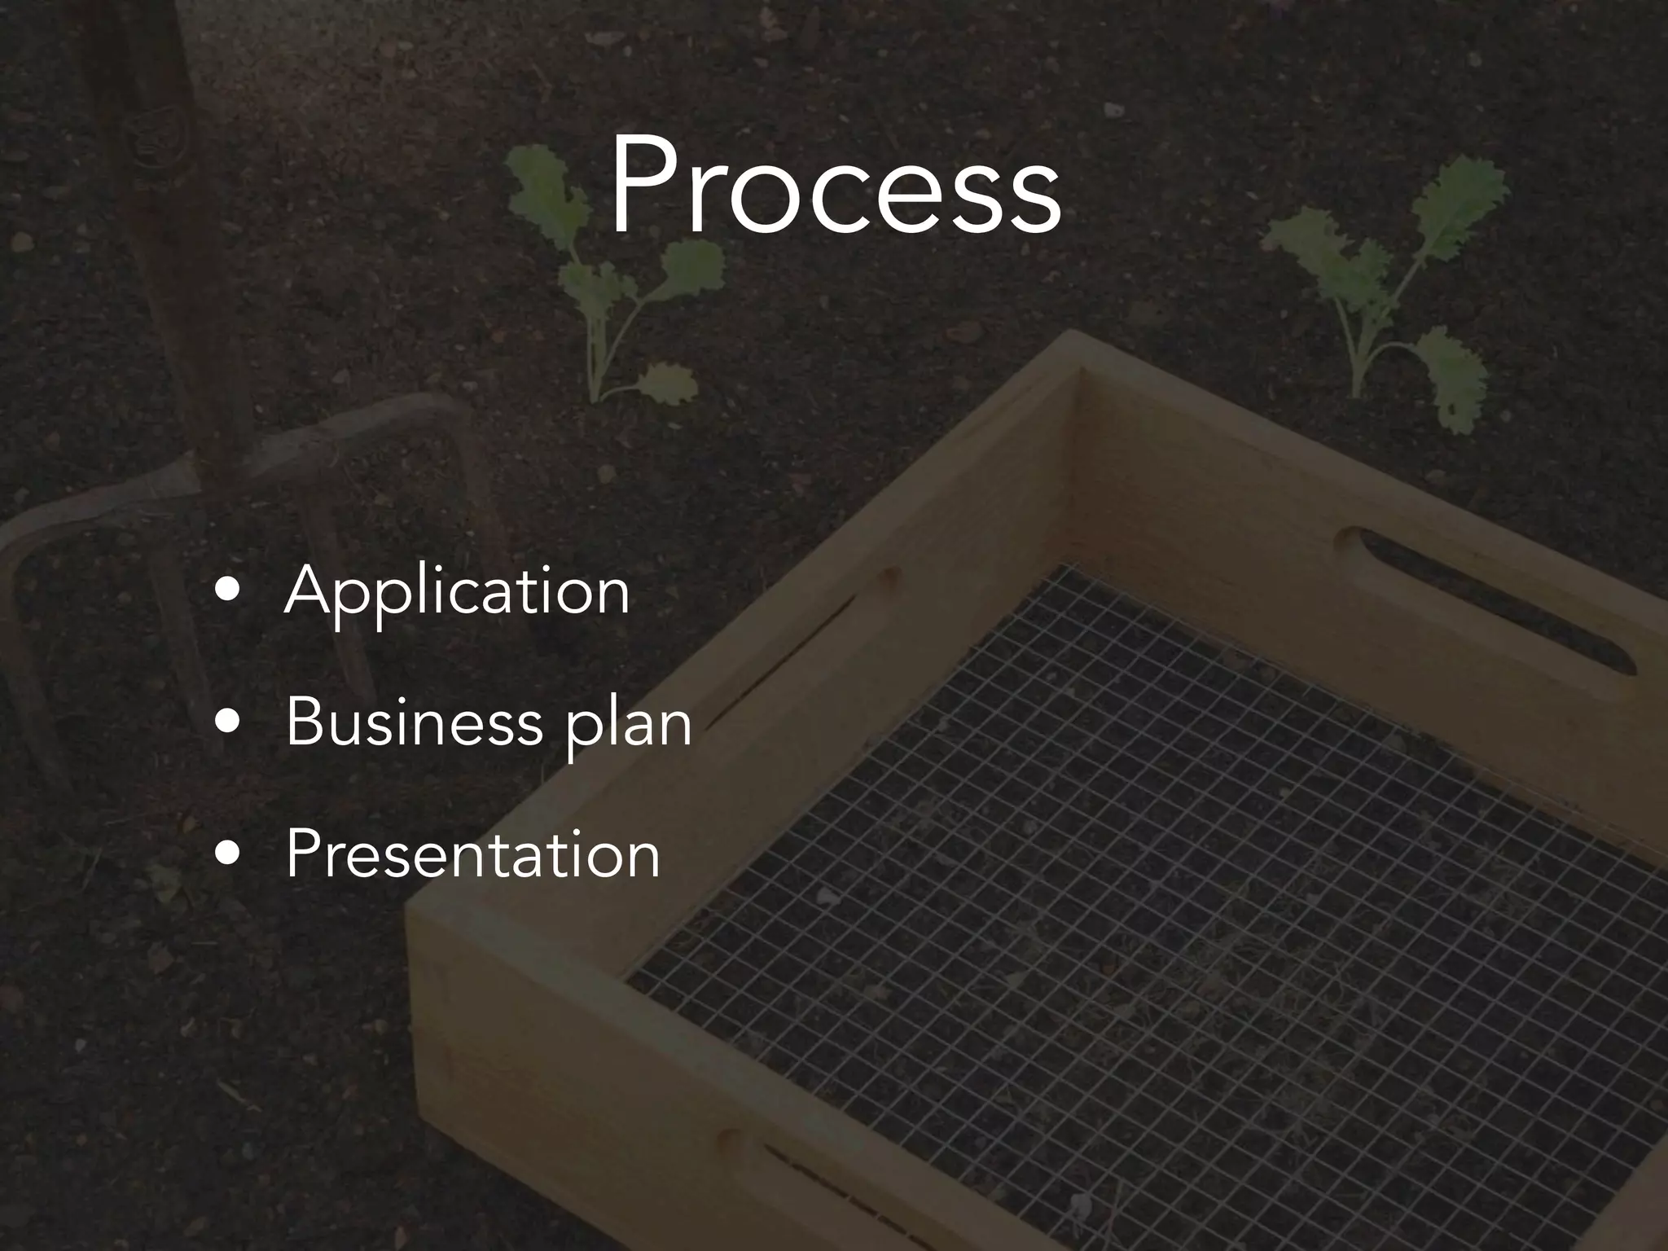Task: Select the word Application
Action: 457,591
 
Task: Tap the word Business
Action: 414,722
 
